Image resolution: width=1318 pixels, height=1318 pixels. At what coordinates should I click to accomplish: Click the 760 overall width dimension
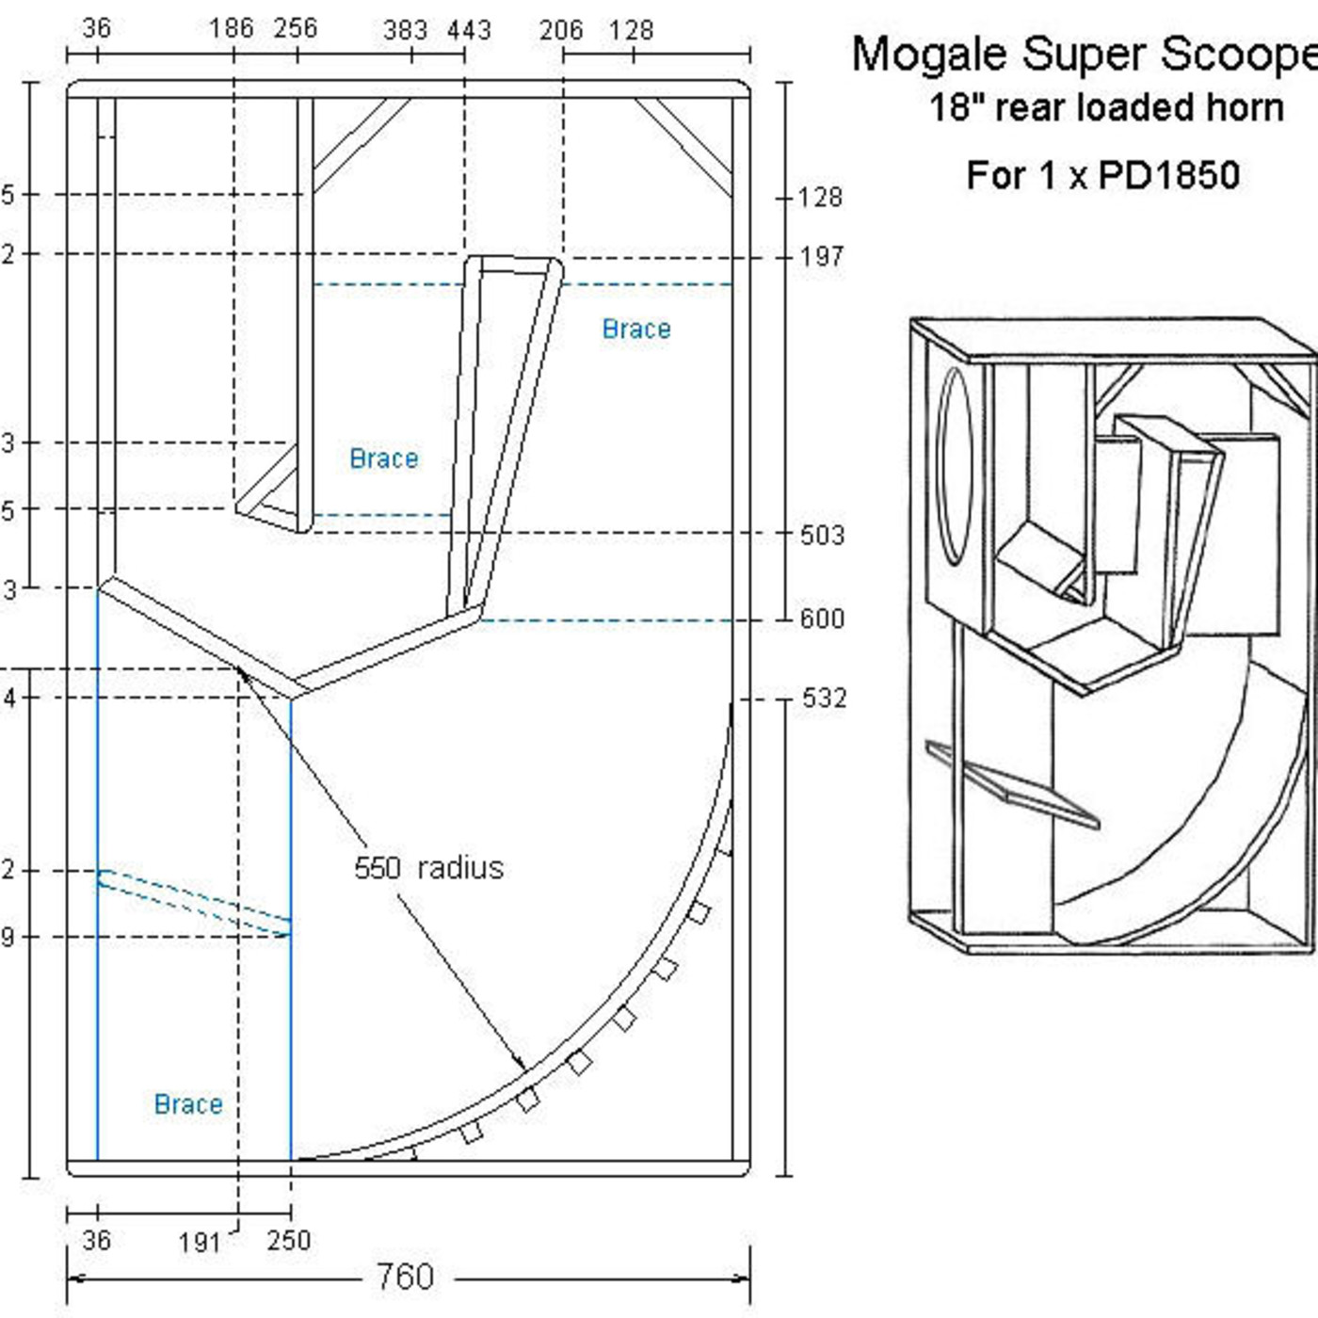click(x=405, y=1278)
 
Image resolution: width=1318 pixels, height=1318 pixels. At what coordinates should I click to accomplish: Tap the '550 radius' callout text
click(x=428, y=867)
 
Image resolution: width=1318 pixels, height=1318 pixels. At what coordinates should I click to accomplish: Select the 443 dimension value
click(x=469, y=30)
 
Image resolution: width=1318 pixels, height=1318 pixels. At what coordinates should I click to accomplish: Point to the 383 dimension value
click(x=405, y=30)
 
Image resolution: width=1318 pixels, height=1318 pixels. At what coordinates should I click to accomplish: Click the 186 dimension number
click(x=232, y=28)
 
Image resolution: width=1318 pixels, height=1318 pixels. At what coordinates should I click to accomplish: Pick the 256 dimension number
click(x=296, y=28)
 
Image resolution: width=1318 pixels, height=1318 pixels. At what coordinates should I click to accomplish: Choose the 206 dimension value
click(x=561, y=30)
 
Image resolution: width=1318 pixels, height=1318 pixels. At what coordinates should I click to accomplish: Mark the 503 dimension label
click(x=822, y=535)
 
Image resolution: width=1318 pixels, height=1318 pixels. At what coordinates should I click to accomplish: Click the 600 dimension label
click(x=822, y=619)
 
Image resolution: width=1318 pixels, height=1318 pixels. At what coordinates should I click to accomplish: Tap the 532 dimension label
click(x=824, y=698)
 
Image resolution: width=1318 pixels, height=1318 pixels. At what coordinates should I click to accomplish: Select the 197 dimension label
click(x=822, y=256)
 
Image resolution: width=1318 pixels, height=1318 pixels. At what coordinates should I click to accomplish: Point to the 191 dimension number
click(x=200, y=1243)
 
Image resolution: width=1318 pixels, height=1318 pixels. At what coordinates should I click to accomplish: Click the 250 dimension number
click(x=288, y=1240)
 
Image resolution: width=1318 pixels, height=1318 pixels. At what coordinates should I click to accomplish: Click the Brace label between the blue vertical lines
click(x=188, y=1103)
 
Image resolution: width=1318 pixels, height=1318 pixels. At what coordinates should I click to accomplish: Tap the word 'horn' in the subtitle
click(x=1244, y=107)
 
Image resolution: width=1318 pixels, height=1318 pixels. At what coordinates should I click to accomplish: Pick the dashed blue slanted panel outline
click(x=194, y=902)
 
